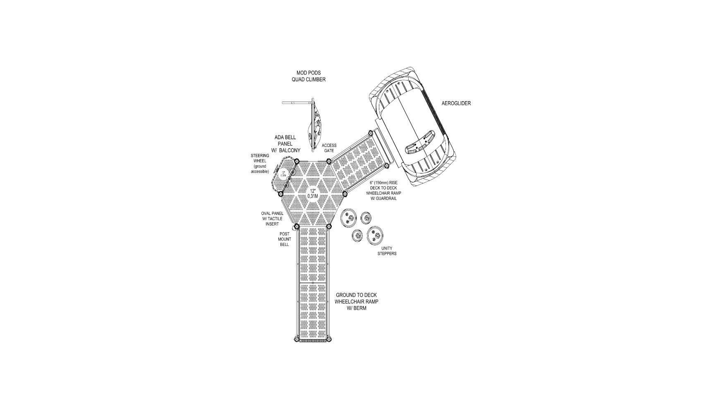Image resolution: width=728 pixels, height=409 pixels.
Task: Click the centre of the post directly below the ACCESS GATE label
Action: pos(329,161)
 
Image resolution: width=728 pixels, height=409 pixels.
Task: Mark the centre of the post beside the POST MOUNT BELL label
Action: pos(297,226)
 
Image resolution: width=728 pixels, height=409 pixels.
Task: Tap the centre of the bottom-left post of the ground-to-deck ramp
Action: pos(297,339)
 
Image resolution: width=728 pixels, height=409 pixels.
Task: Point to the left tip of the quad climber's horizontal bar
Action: pos(283,102)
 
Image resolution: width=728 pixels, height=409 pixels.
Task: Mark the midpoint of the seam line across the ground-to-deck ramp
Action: pos(313,283)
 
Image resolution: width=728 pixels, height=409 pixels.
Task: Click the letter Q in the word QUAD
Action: pos(294,79)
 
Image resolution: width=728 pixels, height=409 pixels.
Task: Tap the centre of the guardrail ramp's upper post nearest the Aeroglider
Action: pos(371,133)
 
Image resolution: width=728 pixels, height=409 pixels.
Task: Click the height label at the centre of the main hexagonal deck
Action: pos(313,193)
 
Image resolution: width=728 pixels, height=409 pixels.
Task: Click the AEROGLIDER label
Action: pos(456,103)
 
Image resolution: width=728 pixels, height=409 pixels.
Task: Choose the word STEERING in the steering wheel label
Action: pos(260,156)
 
